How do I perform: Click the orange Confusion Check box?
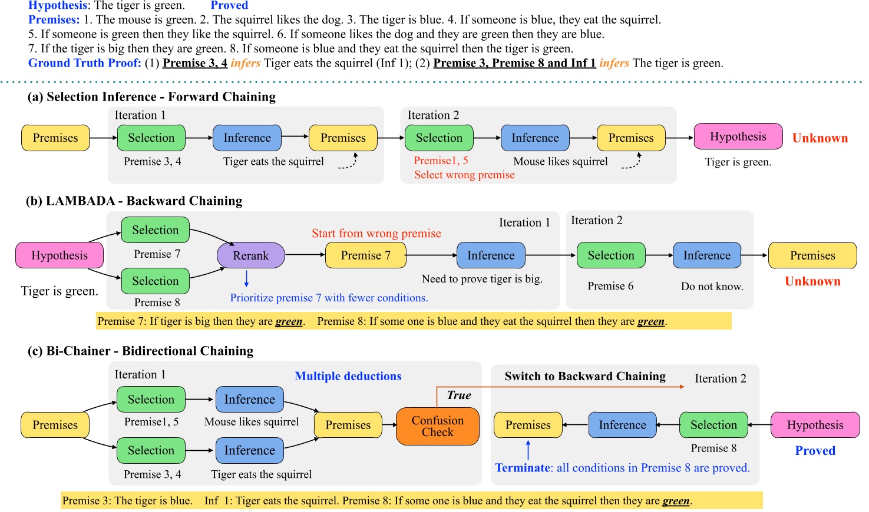(x=437, y=426)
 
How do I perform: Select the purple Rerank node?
(x=250, y=255)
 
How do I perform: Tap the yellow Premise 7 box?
(x=365, y=255)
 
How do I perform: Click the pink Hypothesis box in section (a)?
(x=738, y=137)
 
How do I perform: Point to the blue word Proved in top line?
(x=229, y=5)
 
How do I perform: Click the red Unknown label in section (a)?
(x=820, y=138)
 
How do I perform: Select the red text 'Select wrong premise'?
(x=464, y=175)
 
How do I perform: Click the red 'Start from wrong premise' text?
(x=376, y=234)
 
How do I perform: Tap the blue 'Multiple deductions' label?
(x=348, y=377)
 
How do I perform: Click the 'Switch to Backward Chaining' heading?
(x=584, y=377)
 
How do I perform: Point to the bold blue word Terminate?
(x=522, y=468)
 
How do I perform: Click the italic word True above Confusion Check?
(x=458, y=395)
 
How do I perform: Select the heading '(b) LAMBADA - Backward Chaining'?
(x=134, y=201)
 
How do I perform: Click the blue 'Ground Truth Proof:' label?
(x=85, y=63)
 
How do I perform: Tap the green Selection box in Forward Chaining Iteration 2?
(x=439, y=138)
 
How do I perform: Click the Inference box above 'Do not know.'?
(x=706, y=255)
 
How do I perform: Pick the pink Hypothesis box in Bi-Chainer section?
(x=815, y=425)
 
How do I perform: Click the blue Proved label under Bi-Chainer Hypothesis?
(x=815, y=451)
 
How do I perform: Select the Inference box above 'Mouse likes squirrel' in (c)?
(x=249, y=400)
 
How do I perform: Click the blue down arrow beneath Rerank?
(x=246, y=278)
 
